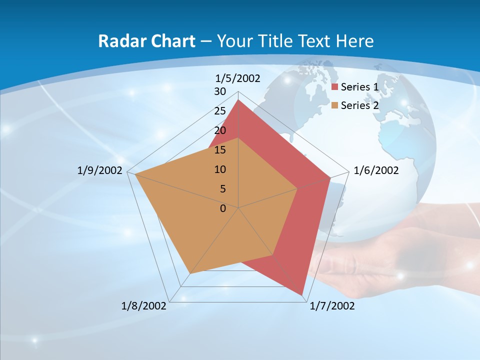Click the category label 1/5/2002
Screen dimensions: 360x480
click(x=238, y=78)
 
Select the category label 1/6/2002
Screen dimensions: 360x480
click(x=376, y=171)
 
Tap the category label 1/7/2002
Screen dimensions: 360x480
click(x=332, y=306)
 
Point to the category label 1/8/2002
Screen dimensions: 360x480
click(x=144, y=306)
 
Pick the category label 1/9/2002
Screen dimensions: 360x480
click(x=100, y=171)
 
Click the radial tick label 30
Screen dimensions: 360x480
click(x=220, y=92)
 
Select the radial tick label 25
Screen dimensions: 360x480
click(x=220, y=111)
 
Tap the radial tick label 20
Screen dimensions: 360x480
click(x=220, y=130)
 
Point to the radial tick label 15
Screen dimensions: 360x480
click(x=220, y=150)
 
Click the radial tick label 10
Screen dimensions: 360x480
click(x=220, y=169)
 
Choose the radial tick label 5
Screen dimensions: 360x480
click(x=222, y=189)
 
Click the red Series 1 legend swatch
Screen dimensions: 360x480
click(x=335, y=87)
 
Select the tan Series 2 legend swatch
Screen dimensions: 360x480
click(x=335, y=105)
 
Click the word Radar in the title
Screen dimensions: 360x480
click(x=117, y=41)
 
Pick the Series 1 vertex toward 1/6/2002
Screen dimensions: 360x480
click(x=330, y=177)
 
